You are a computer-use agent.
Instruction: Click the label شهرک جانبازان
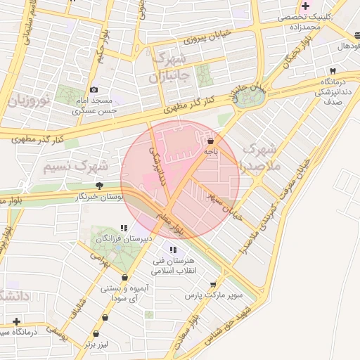(169, 66)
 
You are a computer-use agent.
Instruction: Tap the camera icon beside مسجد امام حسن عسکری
(94, 90)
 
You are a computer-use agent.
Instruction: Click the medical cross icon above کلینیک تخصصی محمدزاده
(304, 6)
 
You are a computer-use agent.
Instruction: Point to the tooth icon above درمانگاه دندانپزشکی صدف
(333, 71)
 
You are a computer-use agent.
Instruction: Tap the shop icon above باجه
(210, 141)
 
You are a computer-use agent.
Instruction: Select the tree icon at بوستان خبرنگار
(99, 186)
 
